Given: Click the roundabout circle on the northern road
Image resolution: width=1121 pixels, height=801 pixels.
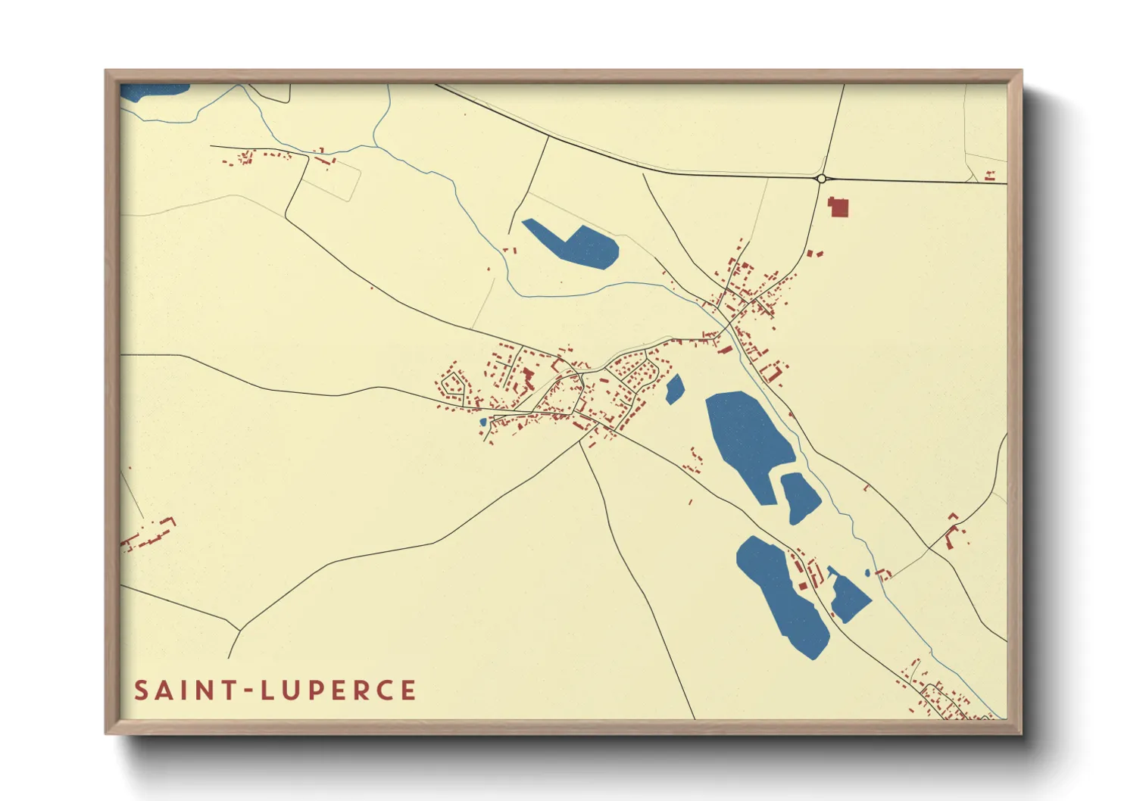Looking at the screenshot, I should [821, 179].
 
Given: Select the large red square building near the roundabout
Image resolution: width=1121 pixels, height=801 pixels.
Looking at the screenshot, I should [838, 207].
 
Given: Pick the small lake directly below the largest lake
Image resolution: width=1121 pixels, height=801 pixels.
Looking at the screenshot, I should [800, 497].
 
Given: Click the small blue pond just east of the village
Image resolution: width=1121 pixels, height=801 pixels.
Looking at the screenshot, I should [674, 389].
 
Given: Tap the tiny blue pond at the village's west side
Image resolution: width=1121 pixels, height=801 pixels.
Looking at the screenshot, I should [482, 422].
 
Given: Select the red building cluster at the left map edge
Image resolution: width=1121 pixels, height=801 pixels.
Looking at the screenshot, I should [148, 535].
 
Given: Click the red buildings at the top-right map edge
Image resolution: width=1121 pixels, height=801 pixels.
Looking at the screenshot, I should [989, 176].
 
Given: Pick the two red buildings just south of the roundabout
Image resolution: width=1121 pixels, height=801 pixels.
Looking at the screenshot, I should [813, 254].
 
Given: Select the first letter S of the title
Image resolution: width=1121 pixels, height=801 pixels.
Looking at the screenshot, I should [140, 690].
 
